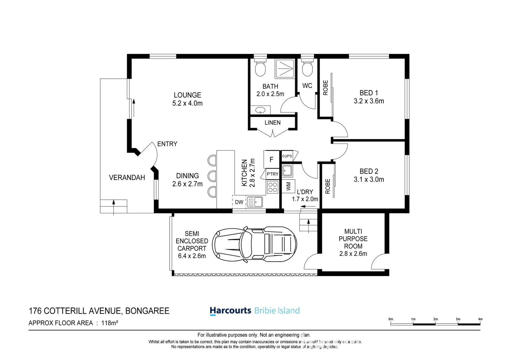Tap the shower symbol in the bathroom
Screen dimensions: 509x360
pos(285,69)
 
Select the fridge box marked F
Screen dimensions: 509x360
pos(271,159)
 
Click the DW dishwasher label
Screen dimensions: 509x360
pos(239,202)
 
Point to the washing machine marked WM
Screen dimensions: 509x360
pos(288,186)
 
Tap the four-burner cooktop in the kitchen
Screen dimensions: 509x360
pos(272,187)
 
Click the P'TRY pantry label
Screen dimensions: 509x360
pos(272,174)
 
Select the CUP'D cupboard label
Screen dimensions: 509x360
pos(287,156)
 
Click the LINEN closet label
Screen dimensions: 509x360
pos(272,123)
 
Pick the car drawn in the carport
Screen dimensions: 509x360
pos(255,245)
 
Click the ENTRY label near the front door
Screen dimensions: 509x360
pos(167,144)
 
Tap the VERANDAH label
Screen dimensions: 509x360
pos(127,177)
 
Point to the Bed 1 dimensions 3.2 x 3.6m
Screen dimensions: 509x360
pos(369,101)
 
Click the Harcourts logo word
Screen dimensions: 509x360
pos(230,310)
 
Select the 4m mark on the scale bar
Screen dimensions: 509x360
pos(480,319)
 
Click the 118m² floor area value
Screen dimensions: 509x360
pos(110,323)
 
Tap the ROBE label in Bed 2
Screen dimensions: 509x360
pos(328,186)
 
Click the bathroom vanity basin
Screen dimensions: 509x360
pos(260,110)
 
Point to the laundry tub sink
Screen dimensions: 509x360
pos(287,171)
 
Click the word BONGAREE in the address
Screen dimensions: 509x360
pos(147,311)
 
